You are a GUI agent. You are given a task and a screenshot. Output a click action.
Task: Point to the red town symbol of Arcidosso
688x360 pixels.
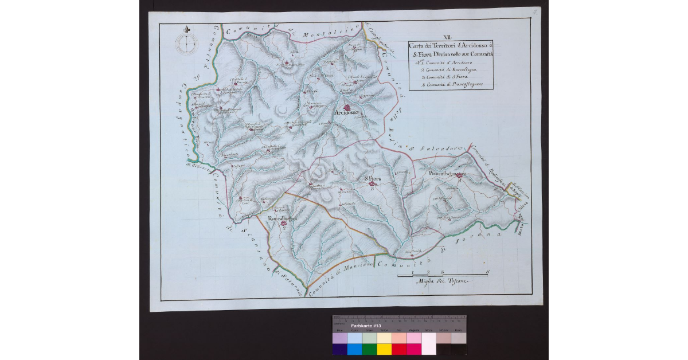tap(347, 107)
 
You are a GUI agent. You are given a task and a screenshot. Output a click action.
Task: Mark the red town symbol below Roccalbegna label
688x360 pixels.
tap(283, 225)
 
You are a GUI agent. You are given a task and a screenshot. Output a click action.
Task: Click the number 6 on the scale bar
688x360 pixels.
tap(487, 272)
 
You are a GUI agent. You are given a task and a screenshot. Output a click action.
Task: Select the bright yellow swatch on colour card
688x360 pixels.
tap(384, 349)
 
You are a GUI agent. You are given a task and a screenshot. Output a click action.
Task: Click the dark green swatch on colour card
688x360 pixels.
tap(369, 349)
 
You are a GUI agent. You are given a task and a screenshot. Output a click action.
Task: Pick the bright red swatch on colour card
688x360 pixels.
tap(398, 349)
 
